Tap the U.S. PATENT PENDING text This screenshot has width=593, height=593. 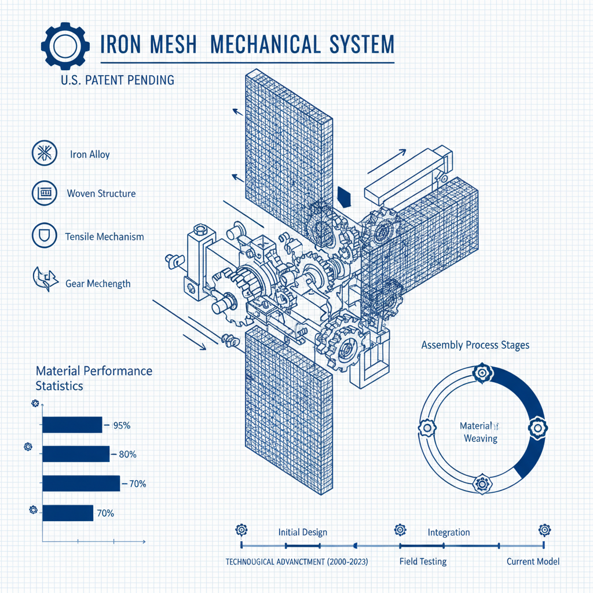tap(116, 79)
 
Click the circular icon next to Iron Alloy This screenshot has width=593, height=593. tap(44, 154)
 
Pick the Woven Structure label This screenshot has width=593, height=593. tap(101, 193)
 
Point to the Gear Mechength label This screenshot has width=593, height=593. tap(98, 284)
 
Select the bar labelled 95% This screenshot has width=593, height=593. tap(72, 425)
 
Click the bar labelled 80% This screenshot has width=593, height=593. tap(75, 454)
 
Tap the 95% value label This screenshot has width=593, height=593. tap(122, 426)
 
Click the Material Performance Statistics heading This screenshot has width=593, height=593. tap(94, 378)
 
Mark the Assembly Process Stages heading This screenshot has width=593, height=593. tap(475, 345)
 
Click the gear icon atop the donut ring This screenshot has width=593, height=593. tap(481, 374)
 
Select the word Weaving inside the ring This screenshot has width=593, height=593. tap(481, 438)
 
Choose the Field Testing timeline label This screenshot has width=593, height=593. tap(423, 561)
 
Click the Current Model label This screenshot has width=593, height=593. tap(533, 561)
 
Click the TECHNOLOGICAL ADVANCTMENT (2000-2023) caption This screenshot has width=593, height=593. tap(296, 562)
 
